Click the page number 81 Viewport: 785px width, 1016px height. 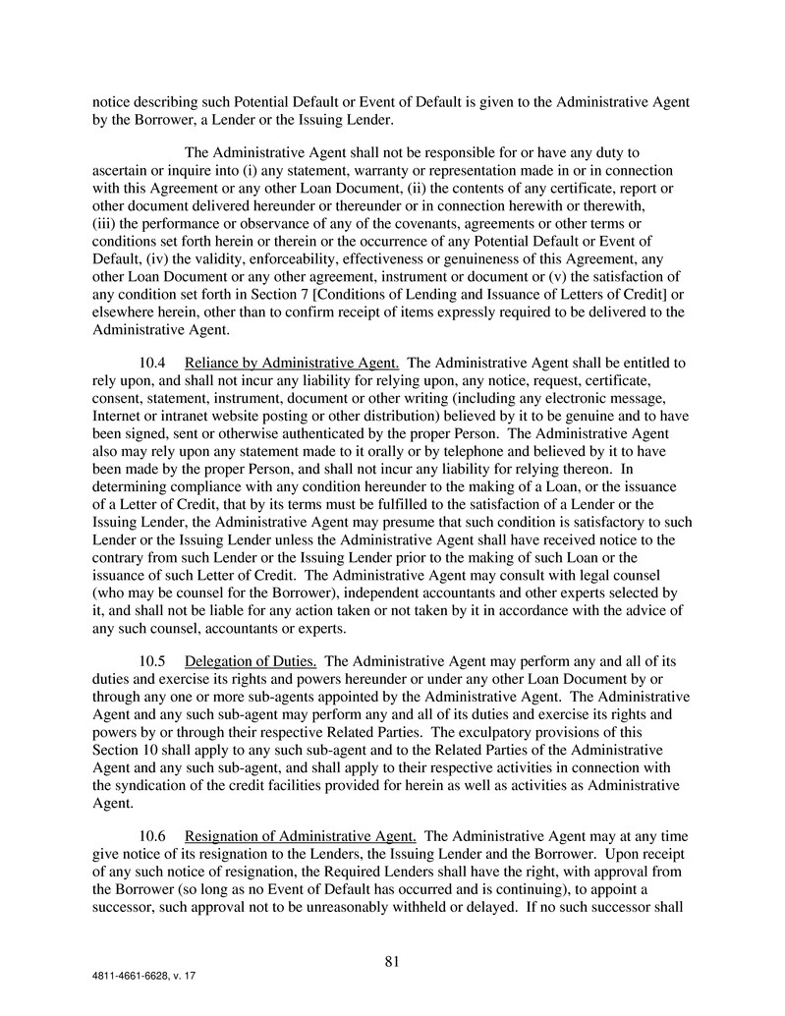point(391,962)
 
